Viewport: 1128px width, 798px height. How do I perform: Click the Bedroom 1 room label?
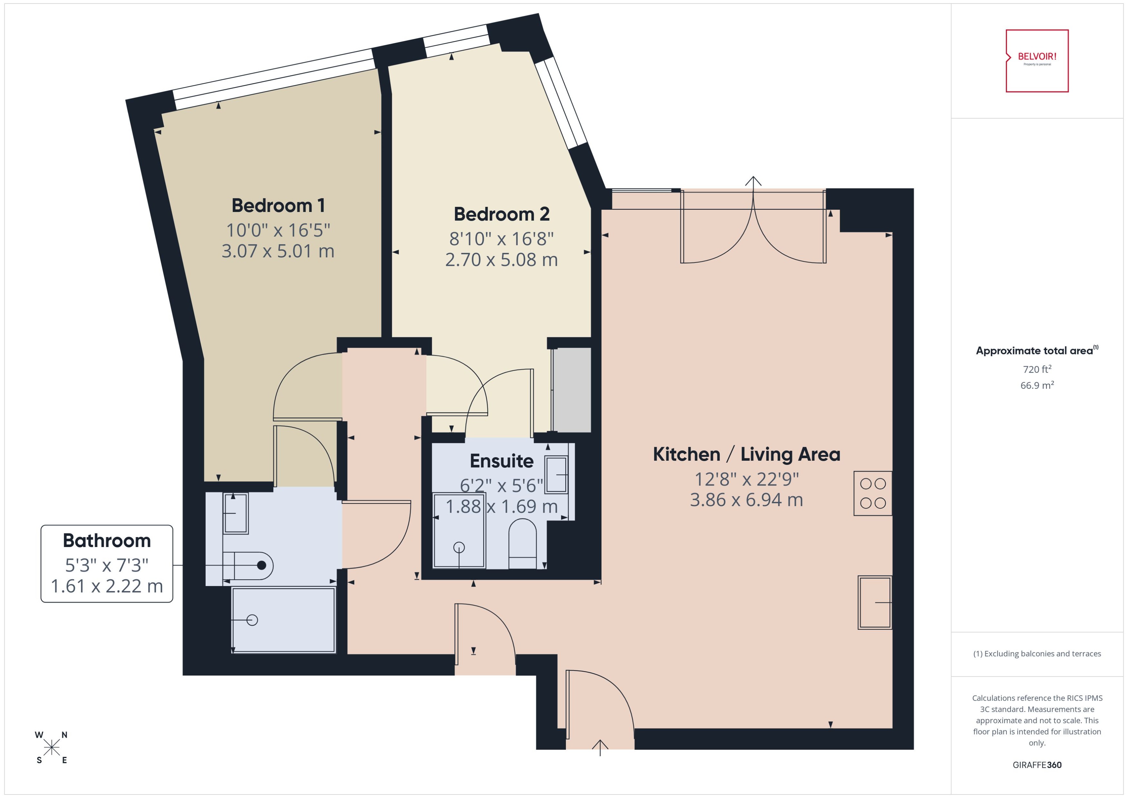click(278, 206)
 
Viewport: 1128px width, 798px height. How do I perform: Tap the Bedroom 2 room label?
click(501, 214)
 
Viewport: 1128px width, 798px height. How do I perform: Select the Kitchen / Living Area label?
click(746, 455)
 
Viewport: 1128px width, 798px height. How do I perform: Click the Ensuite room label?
click(501, 461)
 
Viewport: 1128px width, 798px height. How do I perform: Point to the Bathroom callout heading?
click(107, 541)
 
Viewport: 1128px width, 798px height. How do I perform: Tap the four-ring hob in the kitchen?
click(872, 493)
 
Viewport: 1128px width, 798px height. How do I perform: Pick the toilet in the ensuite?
click(522, 545)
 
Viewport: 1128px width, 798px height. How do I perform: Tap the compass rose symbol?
click(51, 748)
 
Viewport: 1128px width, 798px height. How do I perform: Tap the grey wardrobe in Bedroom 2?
click(571, 390)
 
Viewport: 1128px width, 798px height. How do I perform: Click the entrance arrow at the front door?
click(600, 747)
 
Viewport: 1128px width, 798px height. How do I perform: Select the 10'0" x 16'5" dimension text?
click(278, 230)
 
